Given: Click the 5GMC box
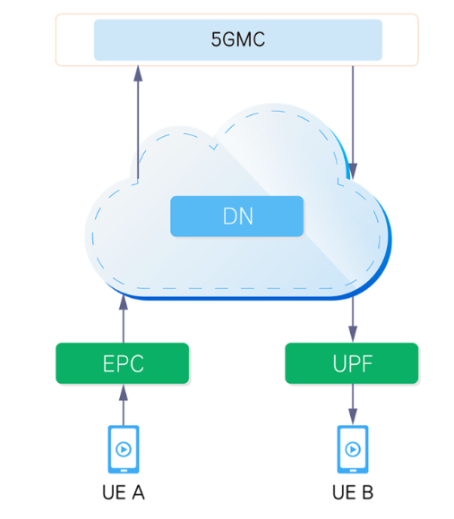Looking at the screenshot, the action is [x=238, y=39].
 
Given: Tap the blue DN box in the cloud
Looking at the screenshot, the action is [x=236, y=217].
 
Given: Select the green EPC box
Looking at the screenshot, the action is [x=123, y=363].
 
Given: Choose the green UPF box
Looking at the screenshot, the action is [x=352, y=363].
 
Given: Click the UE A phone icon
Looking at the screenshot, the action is [x=124, y=449].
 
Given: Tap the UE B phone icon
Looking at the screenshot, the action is [x=353, y=449].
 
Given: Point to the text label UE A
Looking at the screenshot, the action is [x=124, y=492].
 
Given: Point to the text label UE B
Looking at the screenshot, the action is [x=353, y=492].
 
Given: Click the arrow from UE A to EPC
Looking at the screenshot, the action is [x=124, y=404].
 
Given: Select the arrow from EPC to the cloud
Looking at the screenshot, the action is [x=124, y=319].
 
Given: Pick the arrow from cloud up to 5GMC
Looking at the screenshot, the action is [x=138, y=123].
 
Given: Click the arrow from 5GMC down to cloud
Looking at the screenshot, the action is [x=353, y=123].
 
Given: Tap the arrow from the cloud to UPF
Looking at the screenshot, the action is [x=353, y=319].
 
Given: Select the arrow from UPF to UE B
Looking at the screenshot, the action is [x=353, y=404].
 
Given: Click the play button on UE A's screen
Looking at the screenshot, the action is [x=124, y=449].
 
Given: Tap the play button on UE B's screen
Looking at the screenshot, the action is [x=353, y=449].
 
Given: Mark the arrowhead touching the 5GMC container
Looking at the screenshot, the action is [x=138, y=73].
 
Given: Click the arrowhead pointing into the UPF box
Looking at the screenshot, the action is [x=353, y=335].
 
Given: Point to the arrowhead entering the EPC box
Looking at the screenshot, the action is [x=124, y=392].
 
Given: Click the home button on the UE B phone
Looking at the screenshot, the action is [x=353, y=471].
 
